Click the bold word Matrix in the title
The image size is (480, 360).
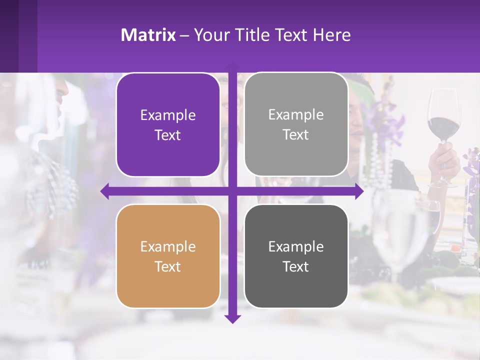[x=148, y=34]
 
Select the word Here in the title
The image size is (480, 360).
[x=332, y=34]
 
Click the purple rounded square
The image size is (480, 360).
[x=168, y=125]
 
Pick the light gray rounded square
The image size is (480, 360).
[x=296, y=124]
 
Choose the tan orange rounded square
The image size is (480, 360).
[x=168, y=256]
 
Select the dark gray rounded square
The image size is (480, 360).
[x=296, y=256]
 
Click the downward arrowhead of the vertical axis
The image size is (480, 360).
[x=232, y=318]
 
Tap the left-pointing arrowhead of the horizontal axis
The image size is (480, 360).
[x=105, y=191]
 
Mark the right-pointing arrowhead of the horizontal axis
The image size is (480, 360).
[x=359, y=191]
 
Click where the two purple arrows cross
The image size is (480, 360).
[x=232, y=191]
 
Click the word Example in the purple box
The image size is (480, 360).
[x=168, y=115]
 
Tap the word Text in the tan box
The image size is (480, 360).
[x=168, y=266]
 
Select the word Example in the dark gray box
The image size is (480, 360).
[x=296, y=246]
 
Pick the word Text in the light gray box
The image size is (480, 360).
[x=296, y=134]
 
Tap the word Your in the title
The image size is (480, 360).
[x=210, y=34]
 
